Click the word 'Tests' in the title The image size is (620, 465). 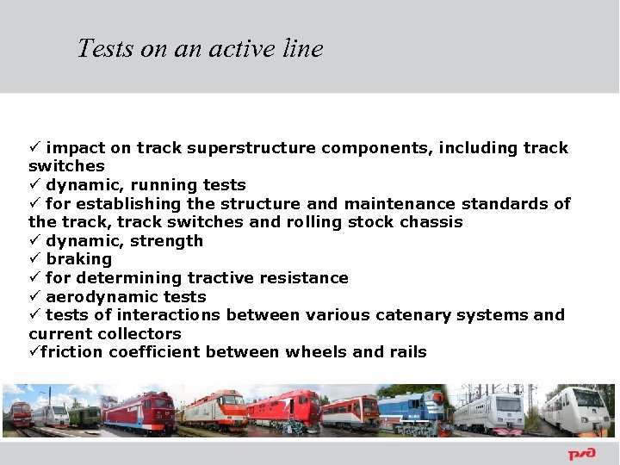[106, 48]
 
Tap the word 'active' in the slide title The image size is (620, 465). [226, 48]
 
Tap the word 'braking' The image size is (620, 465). [79, 259]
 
